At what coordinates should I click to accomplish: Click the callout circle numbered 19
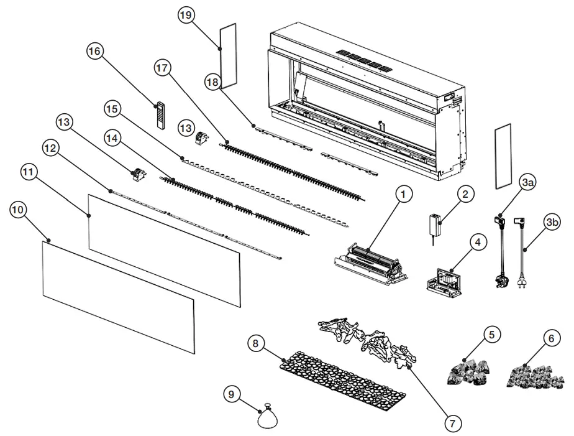click(186, 16)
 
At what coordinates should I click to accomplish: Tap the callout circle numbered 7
click(452, 424)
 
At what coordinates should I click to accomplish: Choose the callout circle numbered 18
click(213, 83)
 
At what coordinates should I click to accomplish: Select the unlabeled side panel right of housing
click(501, 155)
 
